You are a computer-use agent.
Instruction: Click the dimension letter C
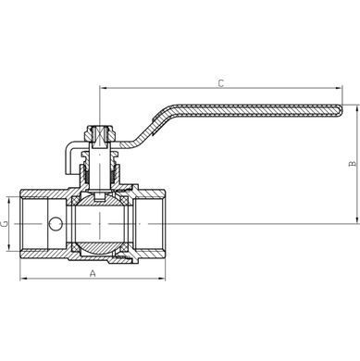221,83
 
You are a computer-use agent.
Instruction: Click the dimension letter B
353,164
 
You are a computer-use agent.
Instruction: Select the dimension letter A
93,273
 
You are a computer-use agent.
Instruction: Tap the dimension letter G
5,224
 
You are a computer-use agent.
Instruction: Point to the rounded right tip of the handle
341,111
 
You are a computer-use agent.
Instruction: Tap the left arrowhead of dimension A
23,279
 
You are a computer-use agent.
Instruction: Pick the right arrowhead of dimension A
162,279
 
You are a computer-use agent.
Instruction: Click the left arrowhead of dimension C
103,88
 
